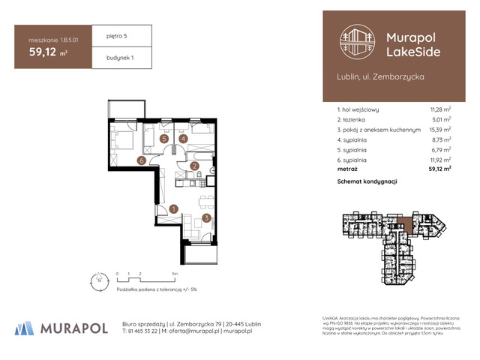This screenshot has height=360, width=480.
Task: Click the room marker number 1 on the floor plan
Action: pos(173,209)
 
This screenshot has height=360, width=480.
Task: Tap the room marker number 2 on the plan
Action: pos(193,166)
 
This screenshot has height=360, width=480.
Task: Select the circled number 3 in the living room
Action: pos(206,218)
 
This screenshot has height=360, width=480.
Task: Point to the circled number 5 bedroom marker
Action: pos(163,139)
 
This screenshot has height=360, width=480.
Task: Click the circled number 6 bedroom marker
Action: pos(140,160)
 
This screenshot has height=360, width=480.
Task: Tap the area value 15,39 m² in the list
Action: pos(439,129)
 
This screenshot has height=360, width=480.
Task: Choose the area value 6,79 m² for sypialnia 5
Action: pos(441,149)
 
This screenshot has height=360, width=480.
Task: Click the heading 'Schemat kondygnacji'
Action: pos(367,182)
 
